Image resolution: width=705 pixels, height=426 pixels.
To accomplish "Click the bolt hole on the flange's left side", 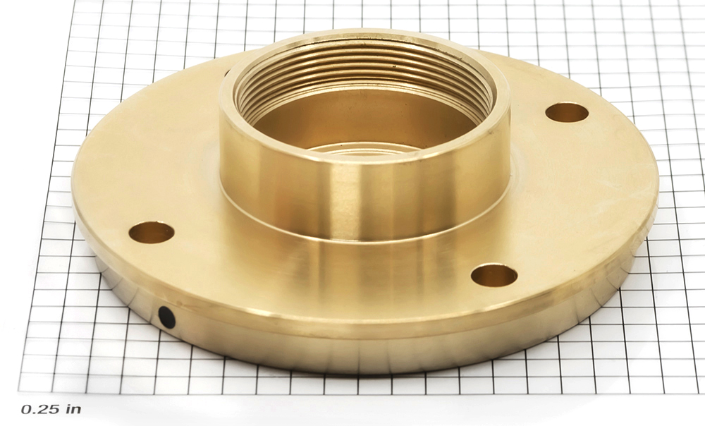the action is pyautogui.click(x=152, y=232).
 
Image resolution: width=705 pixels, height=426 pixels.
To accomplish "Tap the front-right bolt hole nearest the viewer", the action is pyautogui.click(x=494, y=275).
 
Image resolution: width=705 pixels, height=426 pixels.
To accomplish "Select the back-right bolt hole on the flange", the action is pyautogui.click(x=567, y=112).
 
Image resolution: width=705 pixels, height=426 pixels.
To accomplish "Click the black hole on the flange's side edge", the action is pyautogui.click(x=167, y=317).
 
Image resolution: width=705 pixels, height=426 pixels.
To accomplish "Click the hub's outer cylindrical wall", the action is pyautogui.click(x=364, y=198).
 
